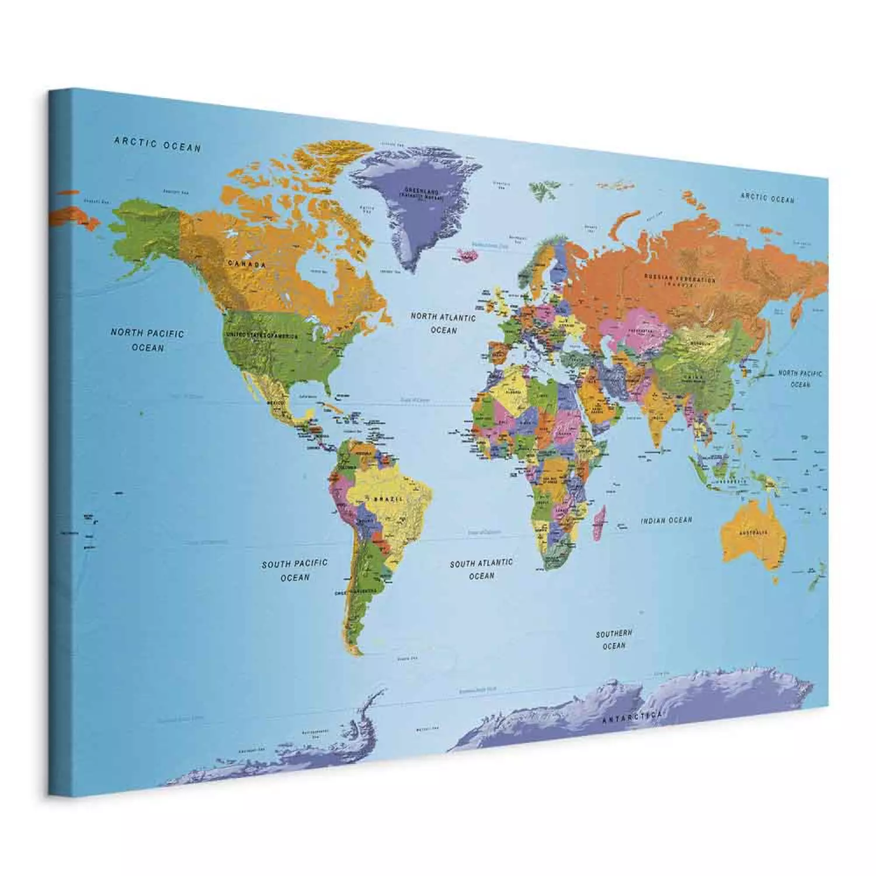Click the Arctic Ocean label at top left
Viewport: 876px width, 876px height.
click(x=157, y=144)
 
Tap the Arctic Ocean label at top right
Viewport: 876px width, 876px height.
click(x=767, y=197)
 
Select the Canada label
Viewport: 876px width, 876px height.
click(x=246, y=265)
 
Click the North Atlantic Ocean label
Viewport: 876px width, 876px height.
click(x=443, y=324)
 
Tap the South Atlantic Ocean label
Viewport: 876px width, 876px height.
click(x=481, y=569)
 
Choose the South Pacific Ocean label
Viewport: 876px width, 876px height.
click(x=294, y=570)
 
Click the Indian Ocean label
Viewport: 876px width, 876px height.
click(x=666, y=520)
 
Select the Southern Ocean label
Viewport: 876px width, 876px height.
click(x=614, y=639)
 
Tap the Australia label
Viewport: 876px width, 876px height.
click(x=753, y=533)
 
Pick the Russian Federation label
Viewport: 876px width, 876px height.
click(x=679, y=279)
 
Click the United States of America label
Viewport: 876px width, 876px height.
click(x=262, y=336)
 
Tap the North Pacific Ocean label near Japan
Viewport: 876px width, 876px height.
click(x=799, y=378)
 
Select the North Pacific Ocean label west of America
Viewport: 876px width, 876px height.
click(x=147, y=340)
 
